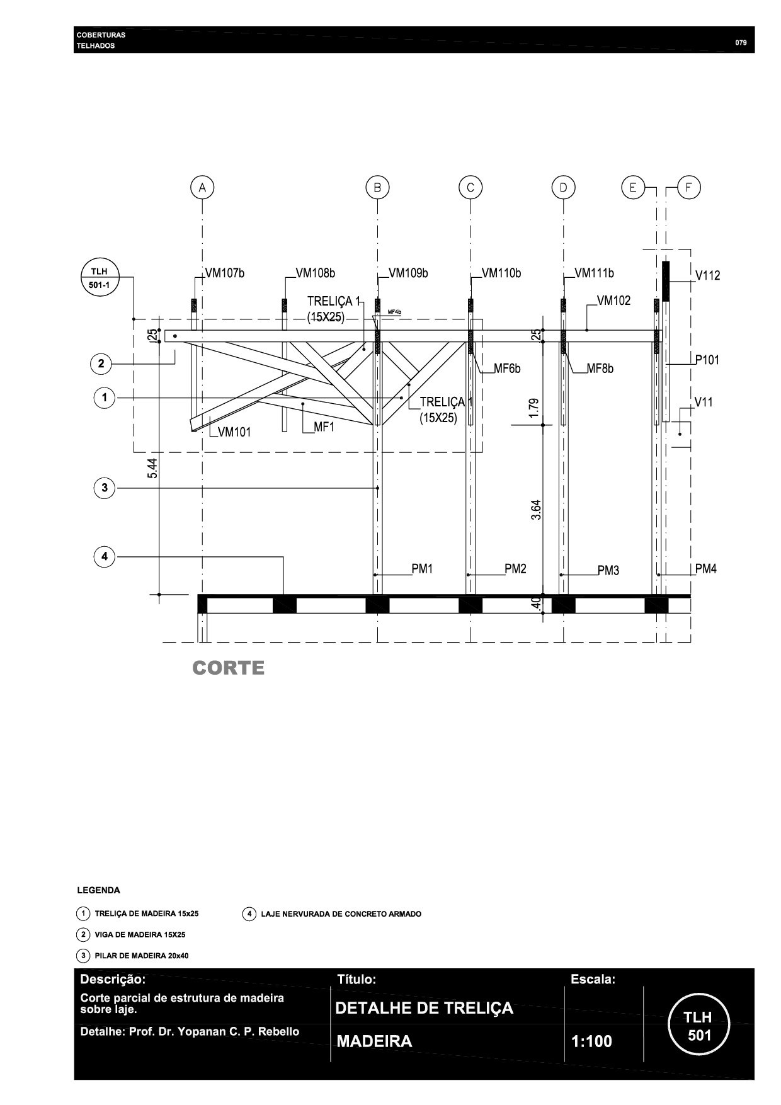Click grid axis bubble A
tap(202, 188)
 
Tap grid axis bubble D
tap(563, 188)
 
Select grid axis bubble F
tap(688, 188)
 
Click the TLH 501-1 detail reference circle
tap(99, 278)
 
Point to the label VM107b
tap(225, 273)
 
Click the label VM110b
tap(501, 273)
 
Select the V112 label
tap(707, 276)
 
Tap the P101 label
tap(707, 360)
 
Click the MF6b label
tap(507, 369)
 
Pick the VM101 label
tap(234, 432)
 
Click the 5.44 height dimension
tap(152, 467)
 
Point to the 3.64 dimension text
tap(536, 509)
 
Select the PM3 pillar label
tap(608, 571)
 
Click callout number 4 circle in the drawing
tap(105, 556)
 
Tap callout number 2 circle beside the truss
tap(101, 364)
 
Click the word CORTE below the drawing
tap(228, 668)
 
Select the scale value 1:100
tap(591, 1041)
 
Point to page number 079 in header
tap(741, 43)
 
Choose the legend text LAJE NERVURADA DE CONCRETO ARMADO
tap(341, 914)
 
